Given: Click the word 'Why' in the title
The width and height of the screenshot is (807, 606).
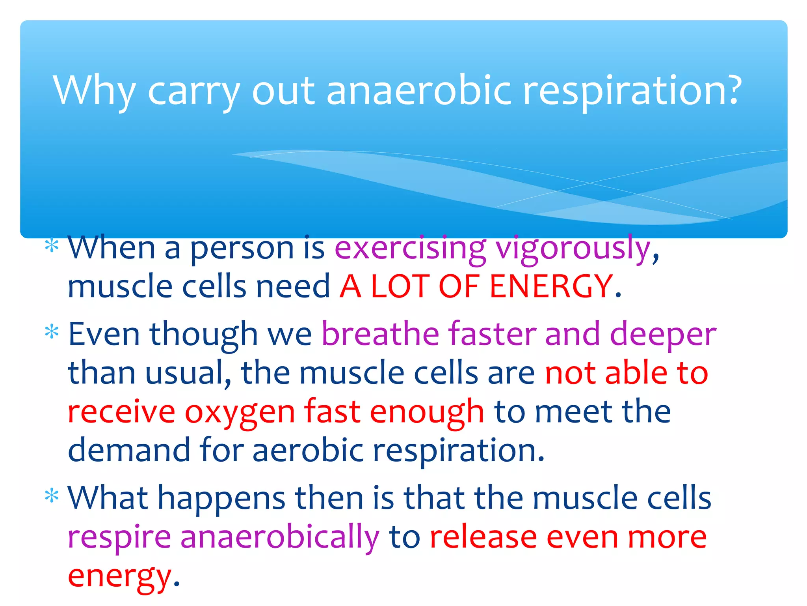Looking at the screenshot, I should (x=95, y=91).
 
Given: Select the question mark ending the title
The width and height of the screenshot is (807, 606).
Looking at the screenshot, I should (x=733, y=90).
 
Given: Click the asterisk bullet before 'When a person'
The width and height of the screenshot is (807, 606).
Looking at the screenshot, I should (x=52, y=246).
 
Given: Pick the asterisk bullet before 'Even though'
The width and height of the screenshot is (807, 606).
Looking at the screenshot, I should (x=52, y=332).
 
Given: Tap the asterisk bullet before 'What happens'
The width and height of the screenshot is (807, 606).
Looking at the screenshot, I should (x=52, y=496).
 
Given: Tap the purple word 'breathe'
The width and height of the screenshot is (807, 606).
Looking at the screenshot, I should (x=380, y=334).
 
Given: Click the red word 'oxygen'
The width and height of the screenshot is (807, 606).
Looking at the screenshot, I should (x=240, y=413).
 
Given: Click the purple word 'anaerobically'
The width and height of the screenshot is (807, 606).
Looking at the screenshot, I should (x=280, y=537).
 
